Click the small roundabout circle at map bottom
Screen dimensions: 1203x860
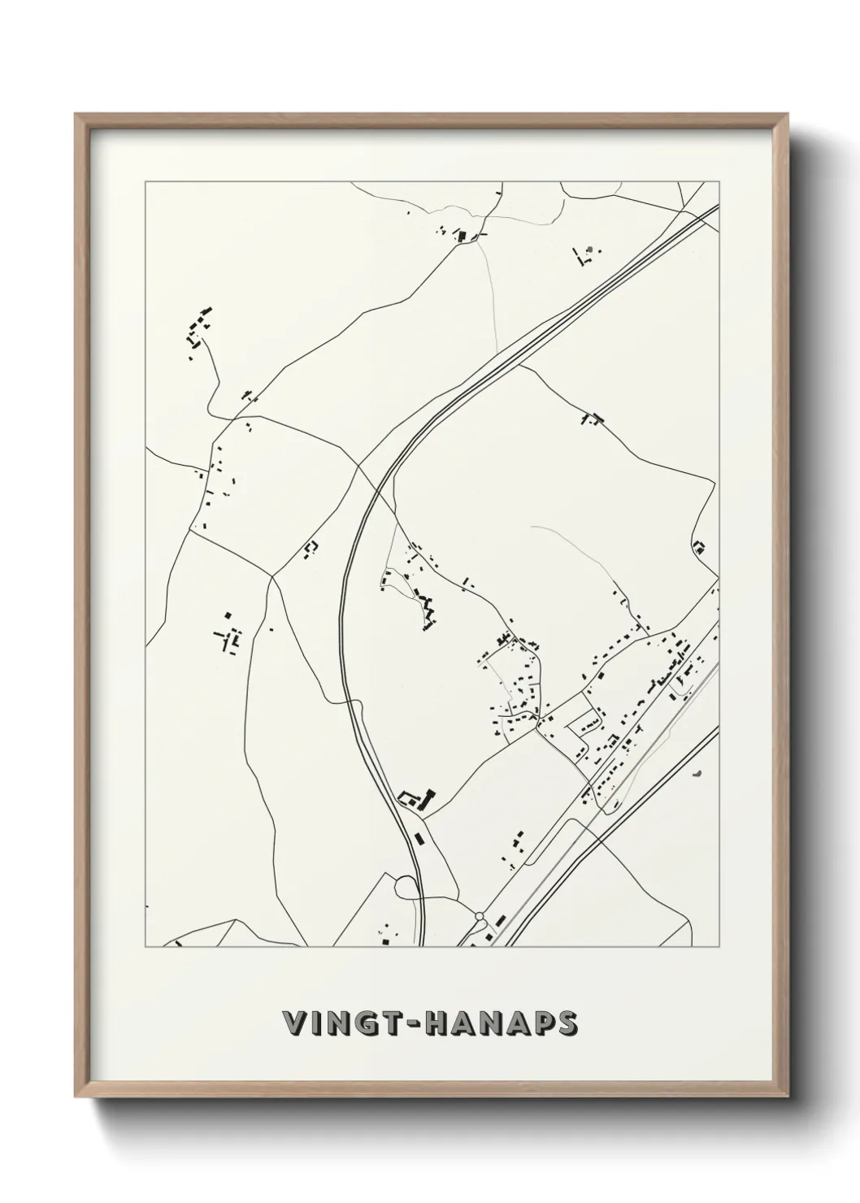[x=480, y=916]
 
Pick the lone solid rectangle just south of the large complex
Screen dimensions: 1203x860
[x=418, y=837]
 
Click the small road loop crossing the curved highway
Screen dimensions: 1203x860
[x=405, y=884]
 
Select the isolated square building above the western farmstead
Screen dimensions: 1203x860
[x=228, y=615]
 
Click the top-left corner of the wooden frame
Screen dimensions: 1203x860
[x=76, y=115]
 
